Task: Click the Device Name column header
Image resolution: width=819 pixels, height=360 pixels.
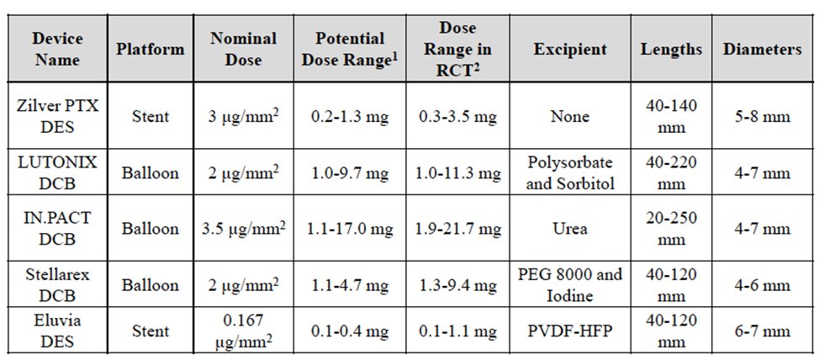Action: point(57,50)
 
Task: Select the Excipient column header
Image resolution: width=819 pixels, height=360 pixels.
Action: point(569,50)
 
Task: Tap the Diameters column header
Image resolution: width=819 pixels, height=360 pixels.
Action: point(762,50)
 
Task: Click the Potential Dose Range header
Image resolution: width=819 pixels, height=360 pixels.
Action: point(351,50)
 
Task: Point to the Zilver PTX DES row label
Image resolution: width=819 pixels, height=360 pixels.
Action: point(57,118)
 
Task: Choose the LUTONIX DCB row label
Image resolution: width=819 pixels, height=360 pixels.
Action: point(57,173)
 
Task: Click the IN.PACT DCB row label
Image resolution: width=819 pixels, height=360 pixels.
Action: point(57,229)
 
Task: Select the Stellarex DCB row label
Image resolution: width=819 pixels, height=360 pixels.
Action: point(57,283)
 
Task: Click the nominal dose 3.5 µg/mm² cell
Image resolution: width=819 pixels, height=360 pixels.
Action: point(248,229)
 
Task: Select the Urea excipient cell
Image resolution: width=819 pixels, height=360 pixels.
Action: point(569,229)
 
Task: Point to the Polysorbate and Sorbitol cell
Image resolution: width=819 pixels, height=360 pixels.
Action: point(569,173)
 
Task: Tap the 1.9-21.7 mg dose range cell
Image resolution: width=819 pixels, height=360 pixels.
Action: point(461,229)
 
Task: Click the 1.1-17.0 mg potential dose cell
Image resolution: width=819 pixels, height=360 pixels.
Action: point(351,229)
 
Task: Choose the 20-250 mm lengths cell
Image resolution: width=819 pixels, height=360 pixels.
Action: point(671,229)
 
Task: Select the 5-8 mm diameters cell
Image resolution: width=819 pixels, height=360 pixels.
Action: point(762,118)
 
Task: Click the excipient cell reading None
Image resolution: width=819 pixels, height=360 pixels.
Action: point(569,118)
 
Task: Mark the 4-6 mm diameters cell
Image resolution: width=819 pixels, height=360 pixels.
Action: point(762,283)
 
